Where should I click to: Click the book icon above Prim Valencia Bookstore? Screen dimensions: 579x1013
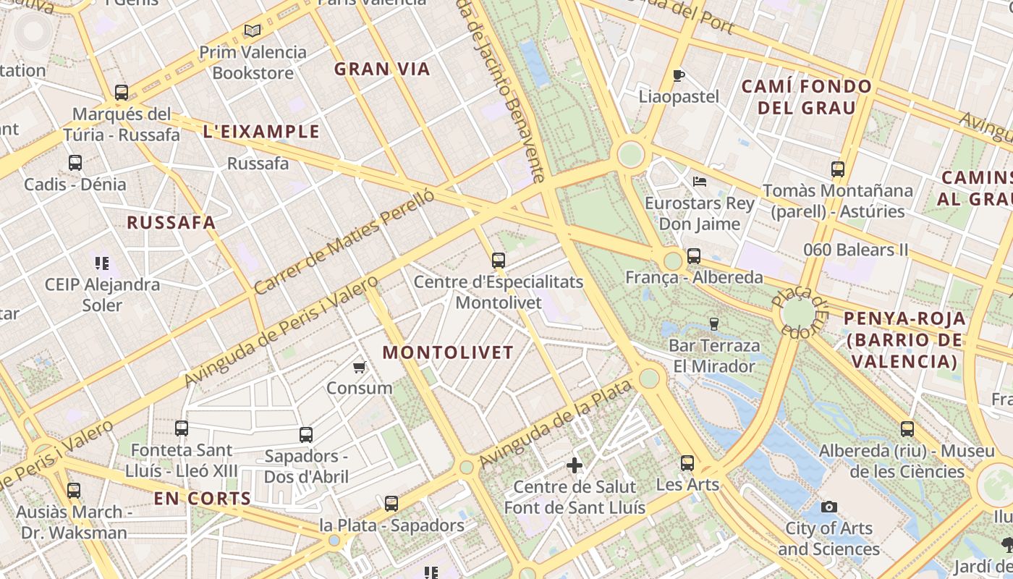(x=252, y=30)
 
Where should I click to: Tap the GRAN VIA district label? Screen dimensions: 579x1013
(x=382, y=69)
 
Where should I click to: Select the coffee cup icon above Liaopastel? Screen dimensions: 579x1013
(x=678, y=75)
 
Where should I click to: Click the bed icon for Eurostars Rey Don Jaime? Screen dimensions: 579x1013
(x=699, y=182)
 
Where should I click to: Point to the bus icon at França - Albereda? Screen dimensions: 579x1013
(x=694, y=256)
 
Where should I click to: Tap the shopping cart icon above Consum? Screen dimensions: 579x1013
(x=359, y=367)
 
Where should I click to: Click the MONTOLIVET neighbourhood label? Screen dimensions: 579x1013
(x=448, y=352)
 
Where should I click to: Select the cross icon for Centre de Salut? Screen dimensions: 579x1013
(x=575, y=465)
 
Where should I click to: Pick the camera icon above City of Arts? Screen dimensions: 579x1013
(x=829, y=507)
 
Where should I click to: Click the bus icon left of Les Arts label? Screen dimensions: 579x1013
(x=687, y=463)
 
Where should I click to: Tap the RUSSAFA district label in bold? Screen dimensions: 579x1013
(x=171, y=223)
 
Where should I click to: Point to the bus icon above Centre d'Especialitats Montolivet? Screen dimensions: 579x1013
(x=498, y=261)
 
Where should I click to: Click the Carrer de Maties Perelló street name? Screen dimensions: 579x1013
(x=344, y=242)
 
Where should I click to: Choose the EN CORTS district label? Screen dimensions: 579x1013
(x=202, y=499)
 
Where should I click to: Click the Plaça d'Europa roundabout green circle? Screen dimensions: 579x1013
(x=799, y=313)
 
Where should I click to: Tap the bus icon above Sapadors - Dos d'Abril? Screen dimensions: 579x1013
(x=306, y=435)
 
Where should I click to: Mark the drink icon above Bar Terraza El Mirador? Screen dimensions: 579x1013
(x=714, y=324)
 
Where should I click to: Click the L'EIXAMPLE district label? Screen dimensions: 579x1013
(x=261, y=132)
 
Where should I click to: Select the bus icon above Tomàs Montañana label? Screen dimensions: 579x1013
(x=838, y=169)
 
